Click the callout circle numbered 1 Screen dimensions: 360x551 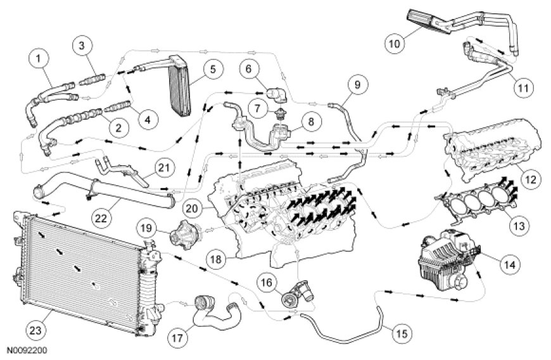pos(39,60)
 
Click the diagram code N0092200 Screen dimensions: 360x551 pos(27,349)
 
